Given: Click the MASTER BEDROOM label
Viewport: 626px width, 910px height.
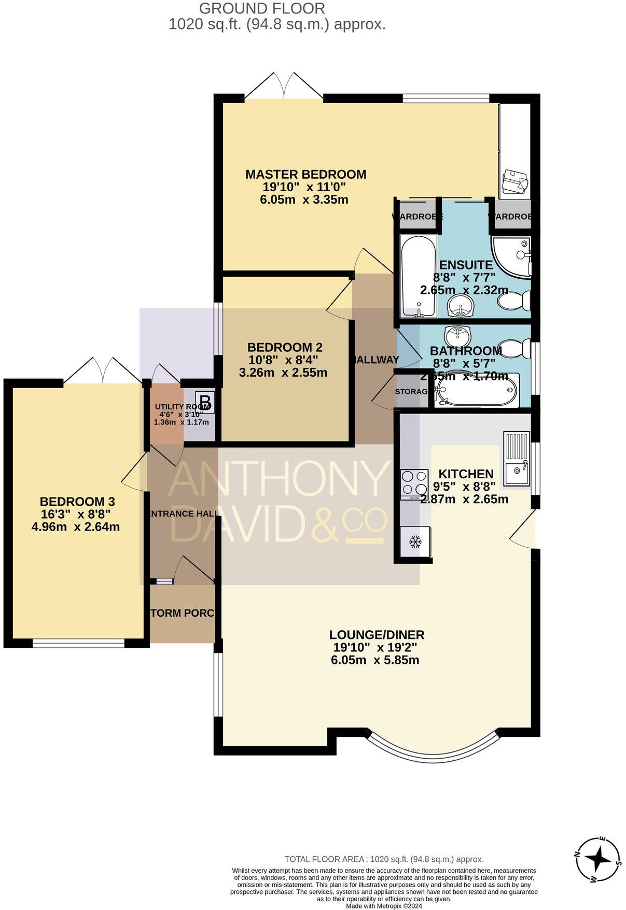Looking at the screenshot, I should point(305,174).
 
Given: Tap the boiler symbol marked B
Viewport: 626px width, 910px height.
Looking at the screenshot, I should point(206,402).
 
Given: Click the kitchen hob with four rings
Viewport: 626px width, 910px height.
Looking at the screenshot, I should point(414,484).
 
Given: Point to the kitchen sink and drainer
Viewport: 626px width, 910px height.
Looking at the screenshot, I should point(516,458).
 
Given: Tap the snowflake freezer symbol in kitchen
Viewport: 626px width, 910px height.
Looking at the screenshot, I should point(415,542).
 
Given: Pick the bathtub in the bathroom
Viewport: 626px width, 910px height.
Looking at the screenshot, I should point(476,390).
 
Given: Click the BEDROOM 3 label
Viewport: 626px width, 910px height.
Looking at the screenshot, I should point(77,502).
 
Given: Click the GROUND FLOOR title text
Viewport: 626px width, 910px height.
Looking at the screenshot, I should point(262,8).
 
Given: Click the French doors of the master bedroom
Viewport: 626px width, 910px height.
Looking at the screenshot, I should point(284,86).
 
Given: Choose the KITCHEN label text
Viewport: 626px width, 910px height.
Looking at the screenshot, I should point(466,474).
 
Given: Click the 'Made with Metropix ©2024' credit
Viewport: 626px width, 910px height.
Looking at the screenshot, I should point(384,906).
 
